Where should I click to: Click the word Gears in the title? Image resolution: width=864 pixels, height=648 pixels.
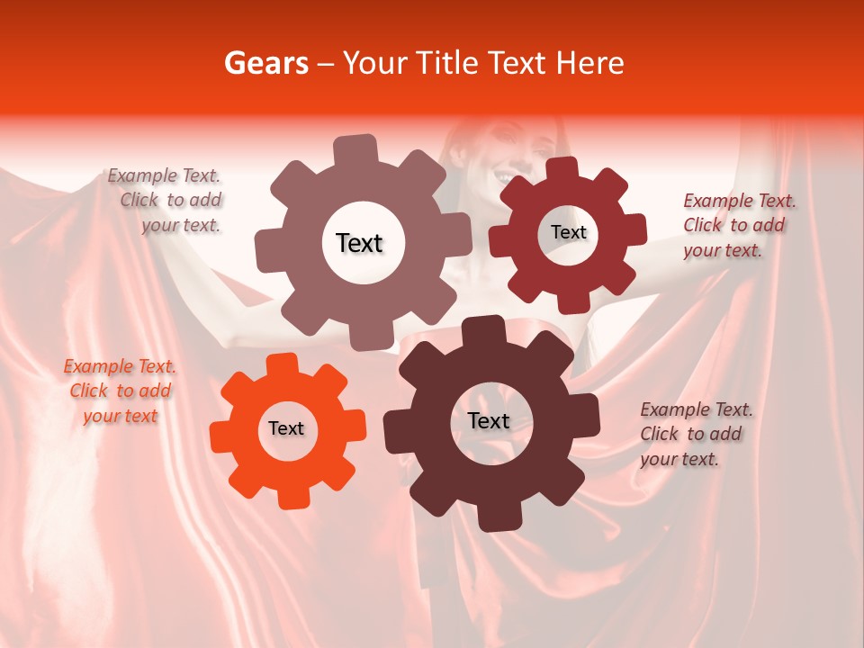pos(265,63)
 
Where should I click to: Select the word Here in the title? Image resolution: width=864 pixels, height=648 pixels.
pos(590,63)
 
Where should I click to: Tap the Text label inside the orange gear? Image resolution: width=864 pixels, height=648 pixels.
pos(286,428)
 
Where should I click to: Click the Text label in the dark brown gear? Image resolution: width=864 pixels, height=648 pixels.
pos(489,420)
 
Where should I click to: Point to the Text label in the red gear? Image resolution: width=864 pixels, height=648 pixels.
pos(568,232)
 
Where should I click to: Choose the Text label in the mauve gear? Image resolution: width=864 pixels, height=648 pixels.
pos(359,243)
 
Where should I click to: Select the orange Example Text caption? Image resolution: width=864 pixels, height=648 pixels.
pos(120,391)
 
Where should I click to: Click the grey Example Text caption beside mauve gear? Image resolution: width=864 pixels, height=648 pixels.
pos(165,201)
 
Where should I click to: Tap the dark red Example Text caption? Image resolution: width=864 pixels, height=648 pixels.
pos(739,225)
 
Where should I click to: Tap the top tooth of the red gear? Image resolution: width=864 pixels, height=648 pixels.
pos(562,170)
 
